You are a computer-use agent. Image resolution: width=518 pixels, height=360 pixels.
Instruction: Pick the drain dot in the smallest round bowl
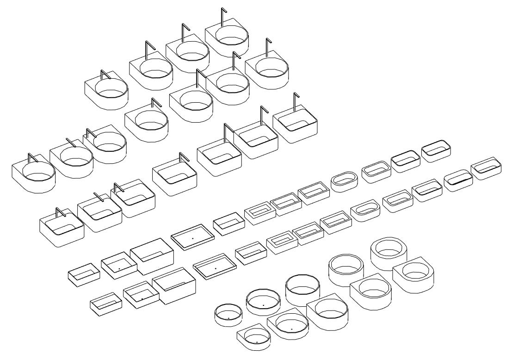tap(228, 318)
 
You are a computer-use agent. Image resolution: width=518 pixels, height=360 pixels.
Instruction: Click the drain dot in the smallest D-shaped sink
tap(257, 342)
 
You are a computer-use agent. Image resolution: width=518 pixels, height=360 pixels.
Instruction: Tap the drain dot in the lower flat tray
tap(216, 268)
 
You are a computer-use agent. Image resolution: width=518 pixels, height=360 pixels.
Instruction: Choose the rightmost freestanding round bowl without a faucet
tap(389, 254)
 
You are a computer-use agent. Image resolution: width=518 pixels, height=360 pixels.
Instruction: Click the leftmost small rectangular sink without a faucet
tap(84, 273)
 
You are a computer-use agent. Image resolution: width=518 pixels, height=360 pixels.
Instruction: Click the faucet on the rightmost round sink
tap(267, 47)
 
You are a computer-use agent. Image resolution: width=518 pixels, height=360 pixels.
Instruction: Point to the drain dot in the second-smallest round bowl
tap(263, 305)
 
